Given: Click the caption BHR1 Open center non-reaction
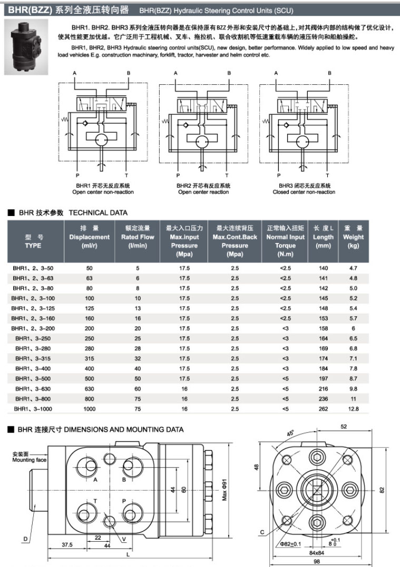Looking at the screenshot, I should click(103, 189).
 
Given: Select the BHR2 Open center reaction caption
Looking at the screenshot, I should click(203, 189).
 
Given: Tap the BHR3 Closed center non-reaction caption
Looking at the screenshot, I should click(304, 189).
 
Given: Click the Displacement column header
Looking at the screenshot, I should click(89, 237).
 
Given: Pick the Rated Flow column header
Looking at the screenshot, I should click(138, 237).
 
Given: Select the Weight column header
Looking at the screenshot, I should click(353, 237).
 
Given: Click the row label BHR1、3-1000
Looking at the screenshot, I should click(33, 408).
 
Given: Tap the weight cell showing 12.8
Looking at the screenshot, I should click(353, 408).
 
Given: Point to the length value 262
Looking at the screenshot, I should click(323, 408).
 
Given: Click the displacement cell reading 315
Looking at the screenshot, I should click(89, 358).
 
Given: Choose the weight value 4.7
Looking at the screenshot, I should click(353, 268).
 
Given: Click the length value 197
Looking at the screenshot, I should click(323, 378).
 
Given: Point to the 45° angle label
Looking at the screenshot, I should click(290, 433).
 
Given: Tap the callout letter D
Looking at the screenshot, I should click(25, 538).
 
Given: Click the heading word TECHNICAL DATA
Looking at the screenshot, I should click(98, 213).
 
